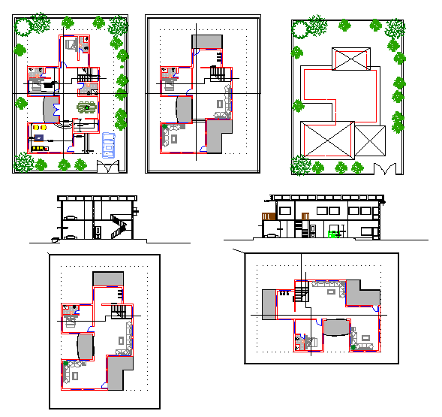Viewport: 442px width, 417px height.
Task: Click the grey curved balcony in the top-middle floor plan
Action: click(182, 106)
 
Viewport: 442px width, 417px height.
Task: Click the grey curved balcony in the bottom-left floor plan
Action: click(84, 347)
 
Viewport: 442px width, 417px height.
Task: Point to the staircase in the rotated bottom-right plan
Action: click(299, 292)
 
